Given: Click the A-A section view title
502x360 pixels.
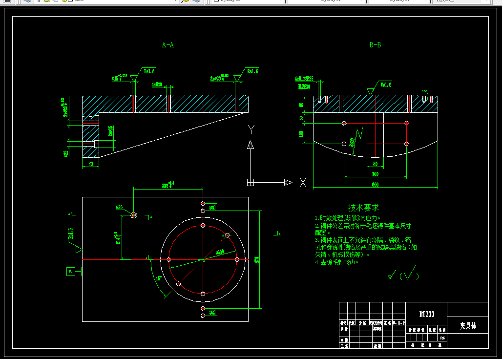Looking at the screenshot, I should click(x=168, y=45).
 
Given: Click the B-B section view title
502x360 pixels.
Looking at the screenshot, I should click(x=375, y=45).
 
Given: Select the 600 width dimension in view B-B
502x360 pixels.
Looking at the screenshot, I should click(x=375, y=185).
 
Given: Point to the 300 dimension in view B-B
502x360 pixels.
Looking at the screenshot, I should click(x=375, y=174).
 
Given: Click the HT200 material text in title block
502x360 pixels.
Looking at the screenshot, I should click(x=426, y=314).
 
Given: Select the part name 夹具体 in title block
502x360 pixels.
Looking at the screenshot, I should click(x=468, y=325).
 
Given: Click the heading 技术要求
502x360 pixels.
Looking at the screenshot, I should click(x=363, y=208).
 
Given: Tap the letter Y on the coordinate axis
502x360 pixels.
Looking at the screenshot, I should click(x=251, y=129).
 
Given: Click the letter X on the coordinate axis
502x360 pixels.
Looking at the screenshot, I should click(x=303, y=183).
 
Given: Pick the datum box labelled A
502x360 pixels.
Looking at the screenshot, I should click(x=70, y=271).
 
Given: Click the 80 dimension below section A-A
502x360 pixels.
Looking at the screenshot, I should click(x=90, y=164).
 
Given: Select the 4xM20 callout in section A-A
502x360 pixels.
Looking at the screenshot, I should click(x=157, y=85).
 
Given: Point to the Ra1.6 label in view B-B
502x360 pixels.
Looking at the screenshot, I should click(x=386, y=85).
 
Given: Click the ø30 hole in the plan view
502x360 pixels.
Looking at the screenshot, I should click(x=134, y=215).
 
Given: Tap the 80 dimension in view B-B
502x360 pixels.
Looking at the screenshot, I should click(x=375, y=164).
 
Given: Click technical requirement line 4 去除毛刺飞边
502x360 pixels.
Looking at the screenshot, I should click(x=337, y=262).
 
